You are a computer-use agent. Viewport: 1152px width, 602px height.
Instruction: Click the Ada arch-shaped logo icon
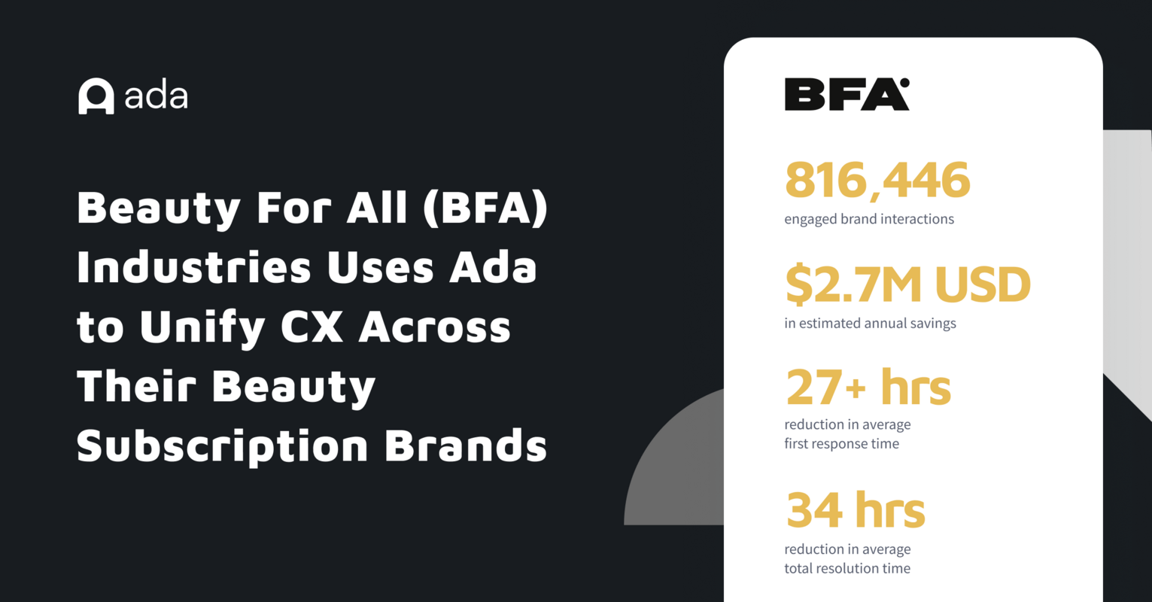coord(96,96)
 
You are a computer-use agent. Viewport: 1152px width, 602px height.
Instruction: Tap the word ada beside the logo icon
coord(157,96)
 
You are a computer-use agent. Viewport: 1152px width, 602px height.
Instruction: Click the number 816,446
coord(877,181)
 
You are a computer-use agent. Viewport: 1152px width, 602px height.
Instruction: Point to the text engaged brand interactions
coord(869,220)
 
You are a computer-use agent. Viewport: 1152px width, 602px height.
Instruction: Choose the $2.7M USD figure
coord(907,285)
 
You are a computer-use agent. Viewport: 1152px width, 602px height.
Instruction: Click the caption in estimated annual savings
coord(870,324)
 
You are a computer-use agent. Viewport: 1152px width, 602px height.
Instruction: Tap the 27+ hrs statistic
coord(868,388)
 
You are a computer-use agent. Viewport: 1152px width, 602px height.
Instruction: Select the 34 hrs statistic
coord(856,510)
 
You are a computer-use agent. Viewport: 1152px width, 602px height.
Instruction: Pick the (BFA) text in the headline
coord(485,208)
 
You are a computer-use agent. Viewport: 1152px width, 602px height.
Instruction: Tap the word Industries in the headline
coord(193,268)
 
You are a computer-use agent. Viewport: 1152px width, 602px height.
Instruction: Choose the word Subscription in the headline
coord(222,448)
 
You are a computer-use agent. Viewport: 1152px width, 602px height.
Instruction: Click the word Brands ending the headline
coord(465,446)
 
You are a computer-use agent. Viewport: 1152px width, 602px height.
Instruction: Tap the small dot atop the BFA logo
coord(904,83)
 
